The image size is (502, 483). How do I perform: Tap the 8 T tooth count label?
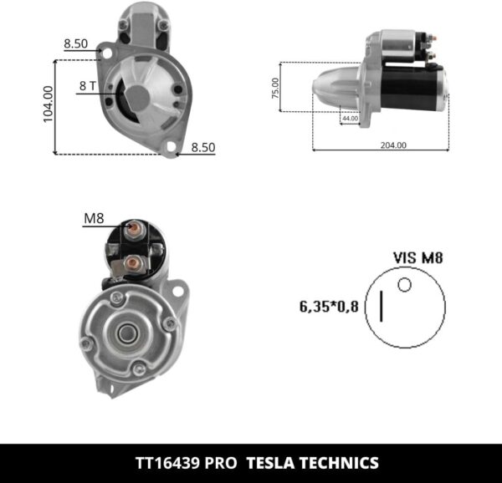[x=88, y=85]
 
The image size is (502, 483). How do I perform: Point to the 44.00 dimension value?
[x=349, y=119]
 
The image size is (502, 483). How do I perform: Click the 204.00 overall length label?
[x=392, y=145]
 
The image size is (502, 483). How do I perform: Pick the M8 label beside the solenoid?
[x=93, y=219]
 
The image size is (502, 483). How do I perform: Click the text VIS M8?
[x=417, y=258]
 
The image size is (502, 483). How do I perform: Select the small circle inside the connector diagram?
[x=404, y=285]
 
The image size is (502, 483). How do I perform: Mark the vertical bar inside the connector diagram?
[x=382, y=307]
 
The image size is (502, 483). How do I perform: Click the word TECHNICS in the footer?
[x=341, y=462]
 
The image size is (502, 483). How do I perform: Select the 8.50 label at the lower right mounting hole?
[x=202, y=147]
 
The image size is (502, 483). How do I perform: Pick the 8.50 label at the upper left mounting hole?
[x=75, y=43]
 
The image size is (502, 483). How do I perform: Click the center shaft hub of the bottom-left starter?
[x=127, y=333]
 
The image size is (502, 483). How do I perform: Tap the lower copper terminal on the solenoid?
[x=131, y=263]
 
